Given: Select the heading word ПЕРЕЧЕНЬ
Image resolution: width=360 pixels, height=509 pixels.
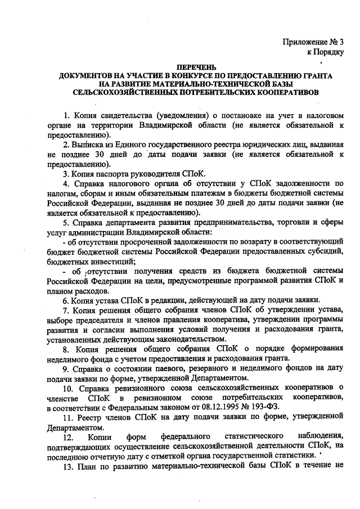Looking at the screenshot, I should coord(195,67).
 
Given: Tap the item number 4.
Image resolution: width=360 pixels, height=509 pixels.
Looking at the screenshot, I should coord(66,183).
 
